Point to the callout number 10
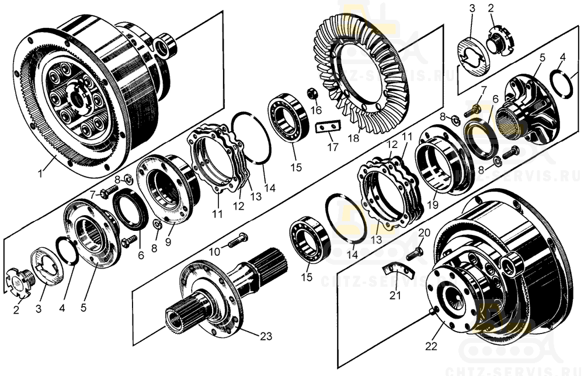tap(215, 251)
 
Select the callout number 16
tap(316, 110)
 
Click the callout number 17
tap(332, 147)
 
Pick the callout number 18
tap(353, 139)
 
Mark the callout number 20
tap(425, 232)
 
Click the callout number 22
tap(431, 346)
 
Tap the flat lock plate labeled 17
tap(328, 126)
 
